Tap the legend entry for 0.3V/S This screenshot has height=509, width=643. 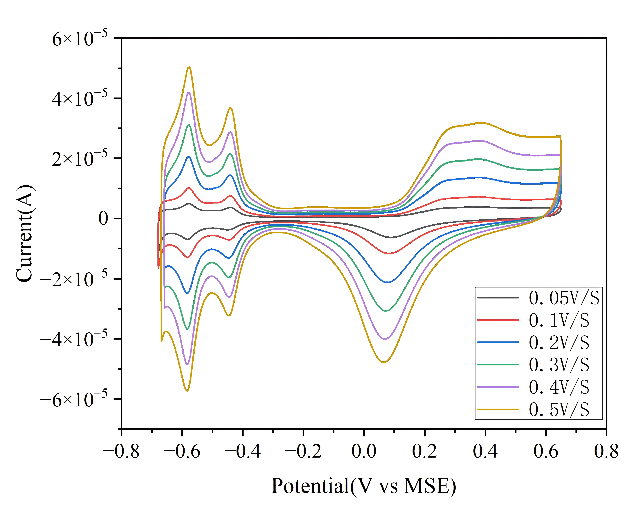(x=533, y=364)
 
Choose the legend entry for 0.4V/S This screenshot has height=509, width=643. (x=533, y=387)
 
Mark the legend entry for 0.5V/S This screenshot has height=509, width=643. (x=533, y=409)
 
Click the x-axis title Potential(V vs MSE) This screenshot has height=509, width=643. (x=364, y=486)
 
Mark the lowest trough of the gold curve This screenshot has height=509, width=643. (x=187, y=390)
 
